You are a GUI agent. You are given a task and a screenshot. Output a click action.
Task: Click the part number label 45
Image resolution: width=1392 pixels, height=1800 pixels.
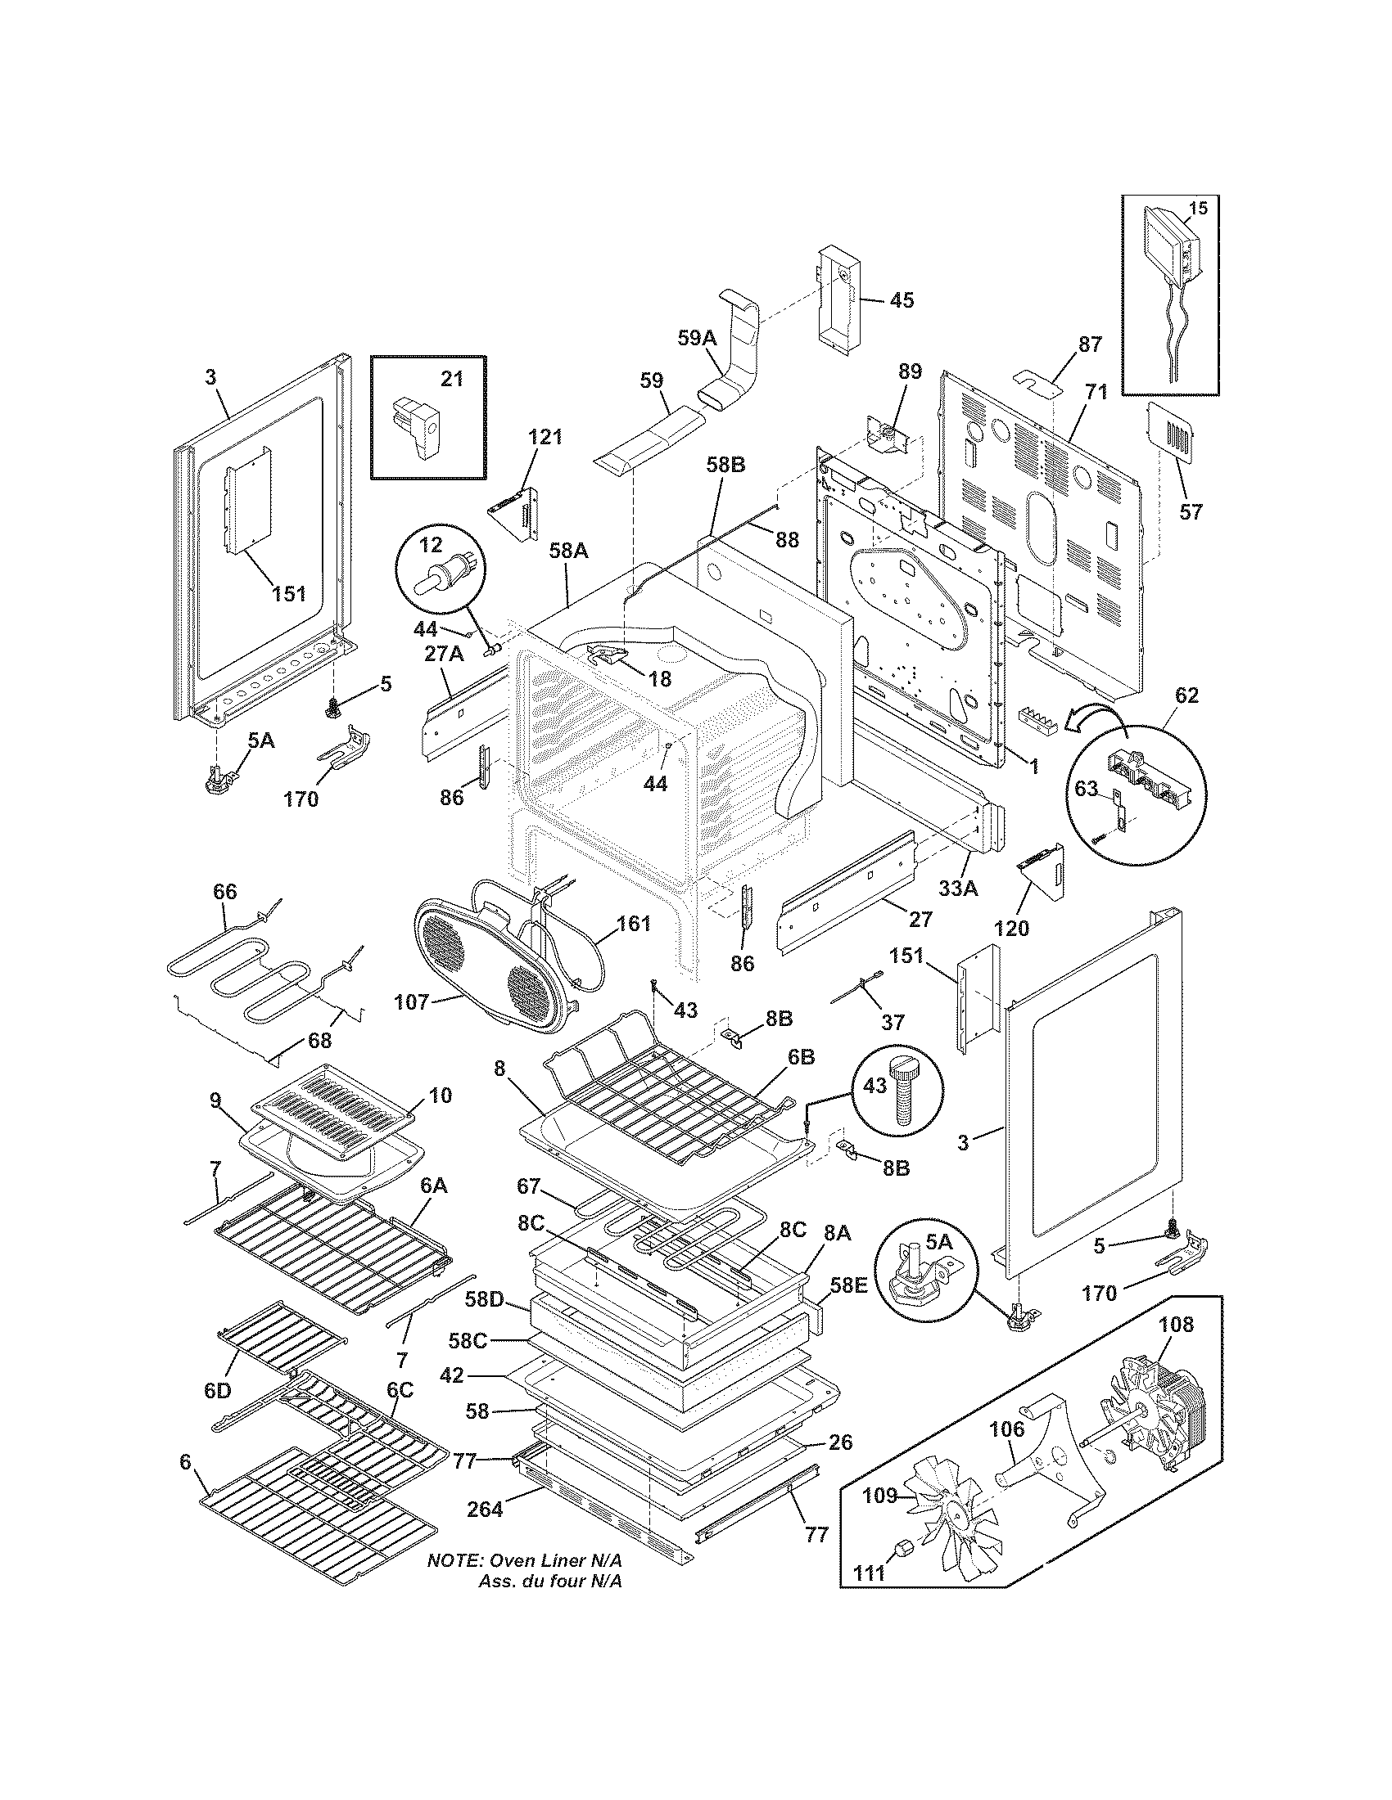point(902,300)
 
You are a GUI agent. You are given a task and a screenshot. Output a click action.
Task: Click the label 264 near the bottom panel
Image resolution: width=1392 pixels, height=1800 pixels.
point(485,1510)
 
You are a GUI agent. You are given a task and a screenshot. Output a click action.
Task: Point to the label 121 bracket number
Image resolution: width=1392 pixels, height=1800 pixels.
point(545,438)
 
